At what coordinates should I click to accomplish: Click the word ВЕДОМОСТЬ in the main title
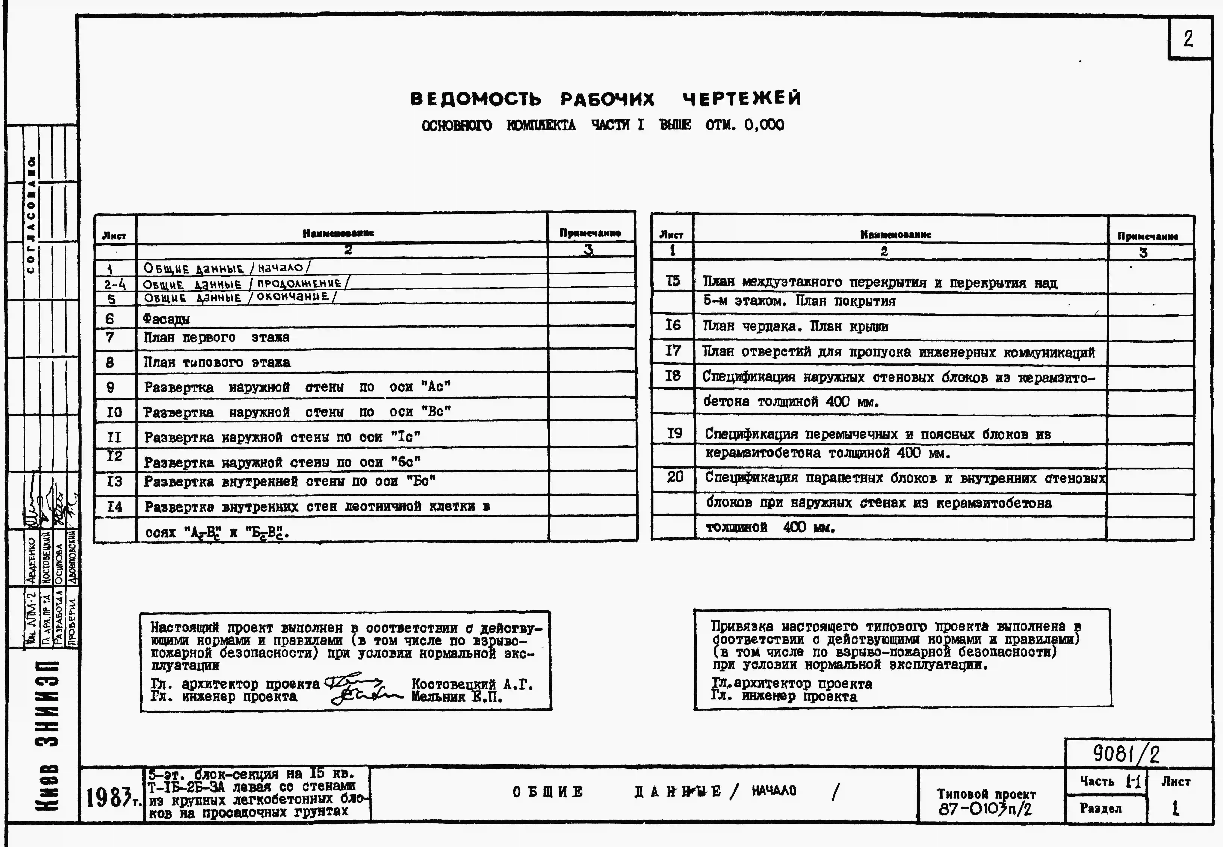(476, 99)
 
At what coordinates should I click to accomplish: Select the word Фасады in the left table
(166, 319)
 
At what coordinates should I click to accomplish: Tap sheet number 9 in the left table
(110, 387)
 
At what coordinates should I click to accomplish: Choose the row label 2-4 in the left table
(115, 285)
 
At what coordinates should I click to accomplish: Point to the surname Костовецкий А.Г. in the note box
(472, 685)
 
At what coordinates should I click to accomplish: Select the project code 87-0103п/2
(985, 809)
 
